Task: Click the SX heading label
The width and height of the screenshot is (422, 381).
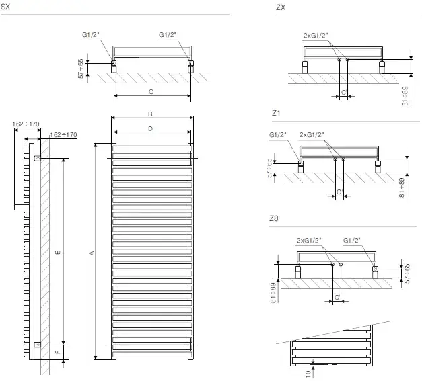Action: (6, 7)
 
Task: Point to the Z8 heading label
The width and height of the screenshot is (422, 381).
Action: (273, 219)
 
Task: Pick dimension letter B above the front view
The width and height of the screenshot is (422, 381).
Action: (151, 114)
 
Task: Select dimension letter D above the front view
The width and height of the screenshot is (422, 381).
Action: (151, 128)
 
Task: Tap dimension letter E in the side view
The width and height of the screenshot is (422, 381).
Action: (57, 252)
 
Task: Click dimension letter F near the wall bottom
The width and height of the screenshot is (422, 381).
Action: (57, 351)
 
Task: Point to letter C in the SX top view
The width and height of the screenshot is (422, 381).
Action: (151, 91)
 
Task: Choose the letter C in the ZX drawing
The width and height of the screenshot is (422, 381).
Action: (343, 91)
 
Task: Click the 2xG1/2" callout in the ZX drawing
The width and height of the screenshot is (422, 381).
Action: (316, 35)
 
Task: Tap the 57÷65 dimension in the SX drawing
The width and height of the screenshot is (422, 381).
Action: (81, 68)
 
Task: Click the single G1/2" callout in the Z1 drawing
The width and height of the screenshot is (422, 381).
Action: (278, 134)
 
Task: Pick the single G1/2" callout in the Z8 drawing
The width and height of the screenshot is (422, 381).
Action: (355, 239)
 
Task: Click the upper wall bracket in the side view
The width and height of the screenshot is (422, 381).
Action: (38, 159)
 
